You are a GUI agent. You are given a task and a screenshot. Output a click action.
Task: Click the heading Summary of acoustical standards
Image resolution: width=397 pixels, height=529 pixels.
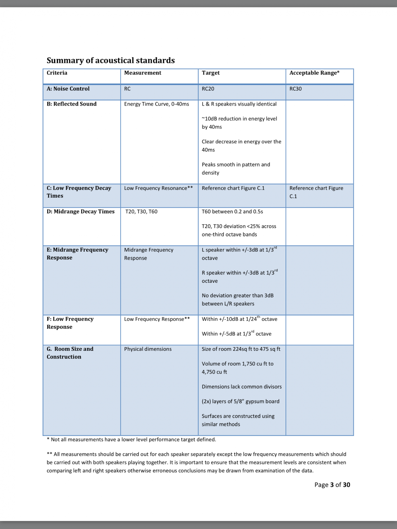click(111, 60)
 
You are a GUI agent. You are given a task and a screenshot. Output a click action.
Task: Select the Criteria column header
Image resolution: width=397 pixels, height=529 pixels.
click(57, 73)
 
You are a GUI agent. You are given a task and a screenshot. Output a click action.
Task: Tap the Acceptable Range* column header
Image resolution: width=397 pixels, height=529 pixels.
click(314, 73)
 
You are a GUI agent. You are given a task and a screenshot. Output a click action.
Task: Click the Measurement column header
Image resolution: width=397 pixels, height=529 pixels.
click(143, 73)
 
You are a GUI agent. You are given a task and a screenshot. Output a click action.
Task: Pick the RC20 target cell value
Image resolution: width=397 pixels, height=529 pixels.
click(208, 89)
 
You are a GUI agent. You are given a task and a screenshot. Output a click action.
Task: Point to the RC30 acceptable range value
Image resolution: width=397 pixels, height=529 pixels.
click(296, 89)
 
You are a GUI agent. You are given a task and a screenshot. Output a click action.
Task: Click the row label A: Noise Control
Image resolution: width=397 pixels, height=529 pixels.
click(68, 89)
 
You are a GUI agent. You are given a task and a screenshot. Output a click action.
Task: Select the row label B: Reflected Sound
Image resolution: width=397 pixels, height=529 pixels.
click(72, 104)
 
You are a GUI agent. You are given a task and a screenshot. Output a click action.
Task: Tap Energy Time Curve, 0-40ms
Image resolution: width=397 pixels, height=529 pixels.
click(157, 104)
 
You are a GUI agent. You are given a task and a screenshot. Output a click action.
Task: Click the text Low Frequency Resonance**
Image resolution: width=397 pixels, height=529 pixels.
click(158, 188)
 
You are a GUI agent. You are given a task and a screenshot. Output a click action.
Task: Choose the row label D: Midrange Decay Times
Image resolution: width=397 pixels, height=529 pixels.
click(81, 212)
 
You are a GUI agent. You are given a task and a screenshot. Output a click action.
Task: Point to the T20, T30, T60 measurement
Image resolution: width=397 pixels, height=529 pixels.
click(142, 212)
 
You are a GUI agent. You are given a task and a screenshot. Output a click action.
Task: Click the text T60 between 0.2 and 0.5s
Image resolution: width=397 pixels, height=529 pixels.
click(232, 212)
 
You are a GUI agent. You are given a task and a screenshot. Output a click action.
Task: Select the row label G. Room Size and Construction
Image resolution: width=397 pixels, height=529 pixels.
click(70, 353)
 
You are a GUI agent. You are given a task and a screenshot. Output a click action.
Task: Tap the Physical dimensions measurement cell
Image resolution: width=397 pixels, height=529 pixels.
click(148, 349)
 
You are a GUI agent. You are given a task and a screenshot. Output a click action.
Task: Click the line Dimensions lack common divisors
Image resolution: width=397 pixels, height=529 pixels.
click(242, 387)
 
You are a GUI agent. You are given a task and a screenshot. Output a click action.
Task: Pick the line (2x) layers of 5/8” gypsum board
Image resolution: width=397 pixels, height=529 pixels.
click(240, 402)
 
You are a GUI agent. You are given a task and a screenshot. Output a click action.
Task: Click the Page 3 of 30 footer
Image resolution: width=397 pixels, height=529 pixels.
click(332, 485)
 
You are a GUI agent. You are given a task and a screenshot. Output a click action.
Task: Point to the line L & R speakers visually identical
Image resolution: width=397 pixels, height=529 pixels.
click(239, 104)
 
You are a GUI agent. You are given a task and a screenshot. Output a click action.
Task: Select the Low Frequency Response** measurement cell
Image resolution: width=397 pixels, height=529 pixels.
click(157, 319)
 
